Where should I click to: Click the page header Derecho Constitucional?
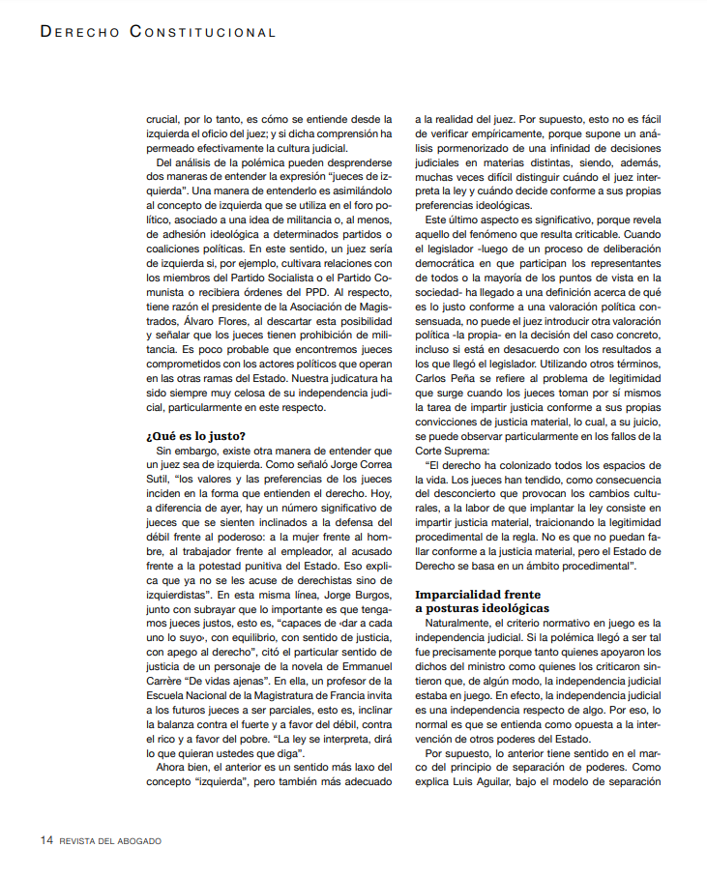(158, 32)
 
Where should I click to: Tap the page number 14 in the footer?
(45, 840)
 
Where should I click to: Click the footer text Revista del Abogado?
(110, 841)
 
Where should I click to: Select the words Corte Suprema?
(457, 451)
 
